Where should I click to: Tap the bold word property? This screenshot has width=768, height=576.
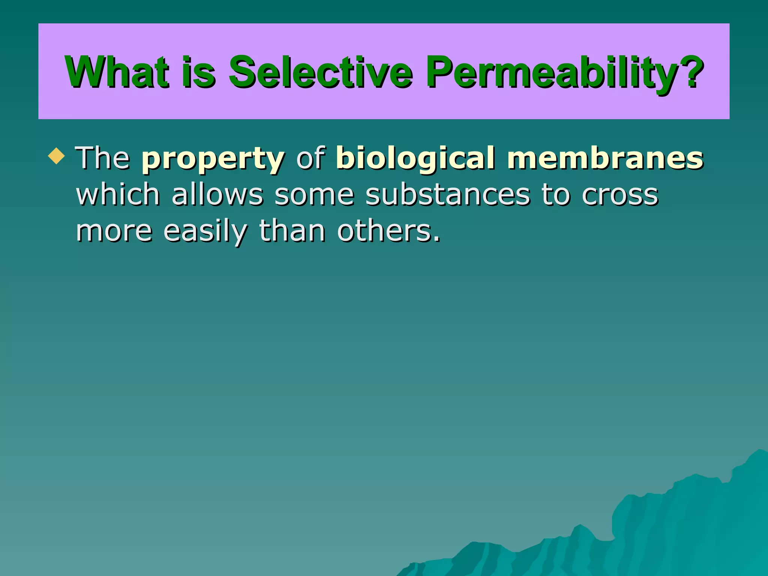pyautogui.click(x=213, y=159)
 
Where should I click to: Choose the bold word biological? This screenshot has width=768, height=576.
pyautogui.click(x=415, y=159)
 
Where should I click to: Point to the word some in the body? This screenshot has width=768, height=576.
pyautogui.click(x=314, y=195)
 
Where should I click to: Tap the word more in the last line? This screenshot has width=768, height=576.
pyautogui.click(x=114, y=232)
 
